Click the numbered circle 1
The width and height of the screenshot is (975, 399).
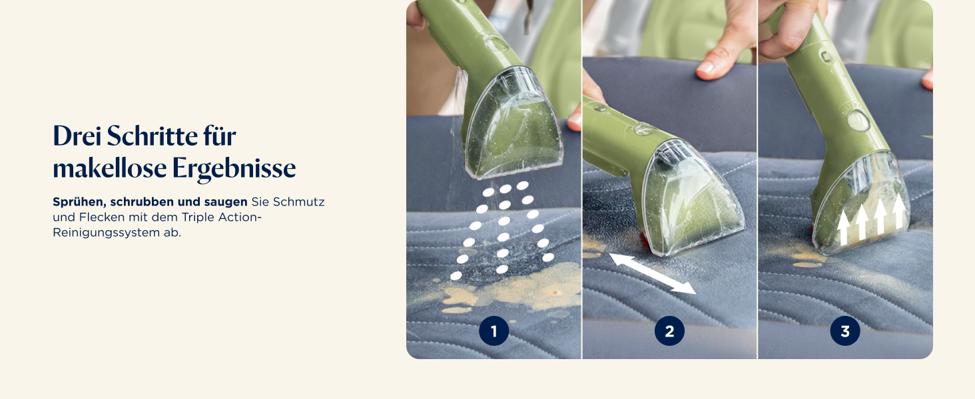tap(493, 331)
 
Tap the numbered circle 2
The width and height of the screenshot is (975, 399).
tap(669, 331)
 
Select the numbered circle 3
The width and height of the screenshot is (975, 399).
tap(845, 331)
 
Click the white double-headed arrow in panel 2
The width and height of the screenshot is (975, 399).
tap(653, 274)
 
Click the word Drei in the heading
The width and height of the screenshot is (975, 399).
tap(77, 136)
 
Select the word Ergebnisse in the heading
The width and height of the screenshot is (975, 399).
tap(234, 169)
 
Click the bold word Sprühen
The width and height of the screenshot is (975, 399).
tap(79, 202)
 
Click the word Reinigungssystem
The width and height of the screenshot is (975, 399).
tap(106, 233)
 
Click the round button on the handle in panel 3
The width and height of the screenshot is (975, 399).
tap(858, 120)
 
